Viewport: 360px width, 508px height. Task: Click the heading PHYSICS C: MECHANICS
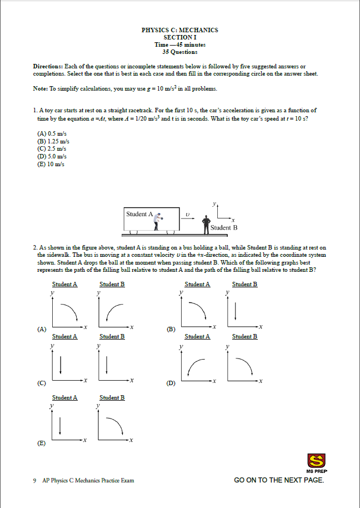179,30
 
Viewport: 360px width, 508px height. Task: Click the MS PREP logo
316,462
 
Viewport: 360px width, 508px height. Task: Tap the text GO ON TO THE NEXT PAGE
278,480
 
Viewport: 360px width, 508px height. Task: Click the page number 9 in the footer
34,480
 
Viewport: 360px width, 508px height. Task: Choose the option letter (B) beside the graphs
171,329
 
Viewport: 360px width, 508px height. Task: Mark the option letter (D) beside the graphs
171,384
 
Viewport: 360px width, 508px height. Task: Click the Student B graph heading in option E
112,397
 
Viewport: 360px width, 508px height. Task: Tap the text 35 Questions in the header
179,52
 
